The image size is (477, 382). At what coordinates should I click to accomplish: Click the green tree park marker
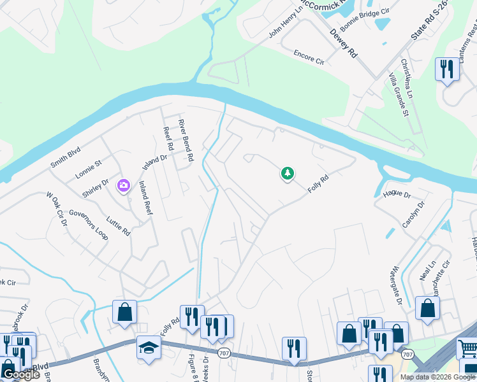click(288, 173)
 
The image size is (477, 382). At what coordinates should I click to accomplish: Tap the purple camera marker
click(123, 186)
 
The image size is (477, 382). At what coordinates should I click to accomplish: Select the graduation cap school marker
click(149, 348)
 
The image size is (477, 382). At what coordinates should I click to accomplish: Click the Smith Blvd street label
click(66, 159)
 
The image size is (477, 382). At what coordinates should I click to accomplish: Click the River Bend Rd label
click(186, 139)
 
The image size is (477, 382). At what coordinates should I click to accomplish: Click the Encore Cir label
click(309, 58)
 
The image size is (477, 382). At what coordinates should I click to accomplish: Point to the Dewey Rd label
click(343, 44)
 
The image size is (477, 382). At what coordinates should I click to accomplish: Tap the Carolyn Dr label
click(414, 215)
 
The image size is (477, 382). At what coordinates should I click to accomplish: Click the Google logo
click(21, 374)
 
